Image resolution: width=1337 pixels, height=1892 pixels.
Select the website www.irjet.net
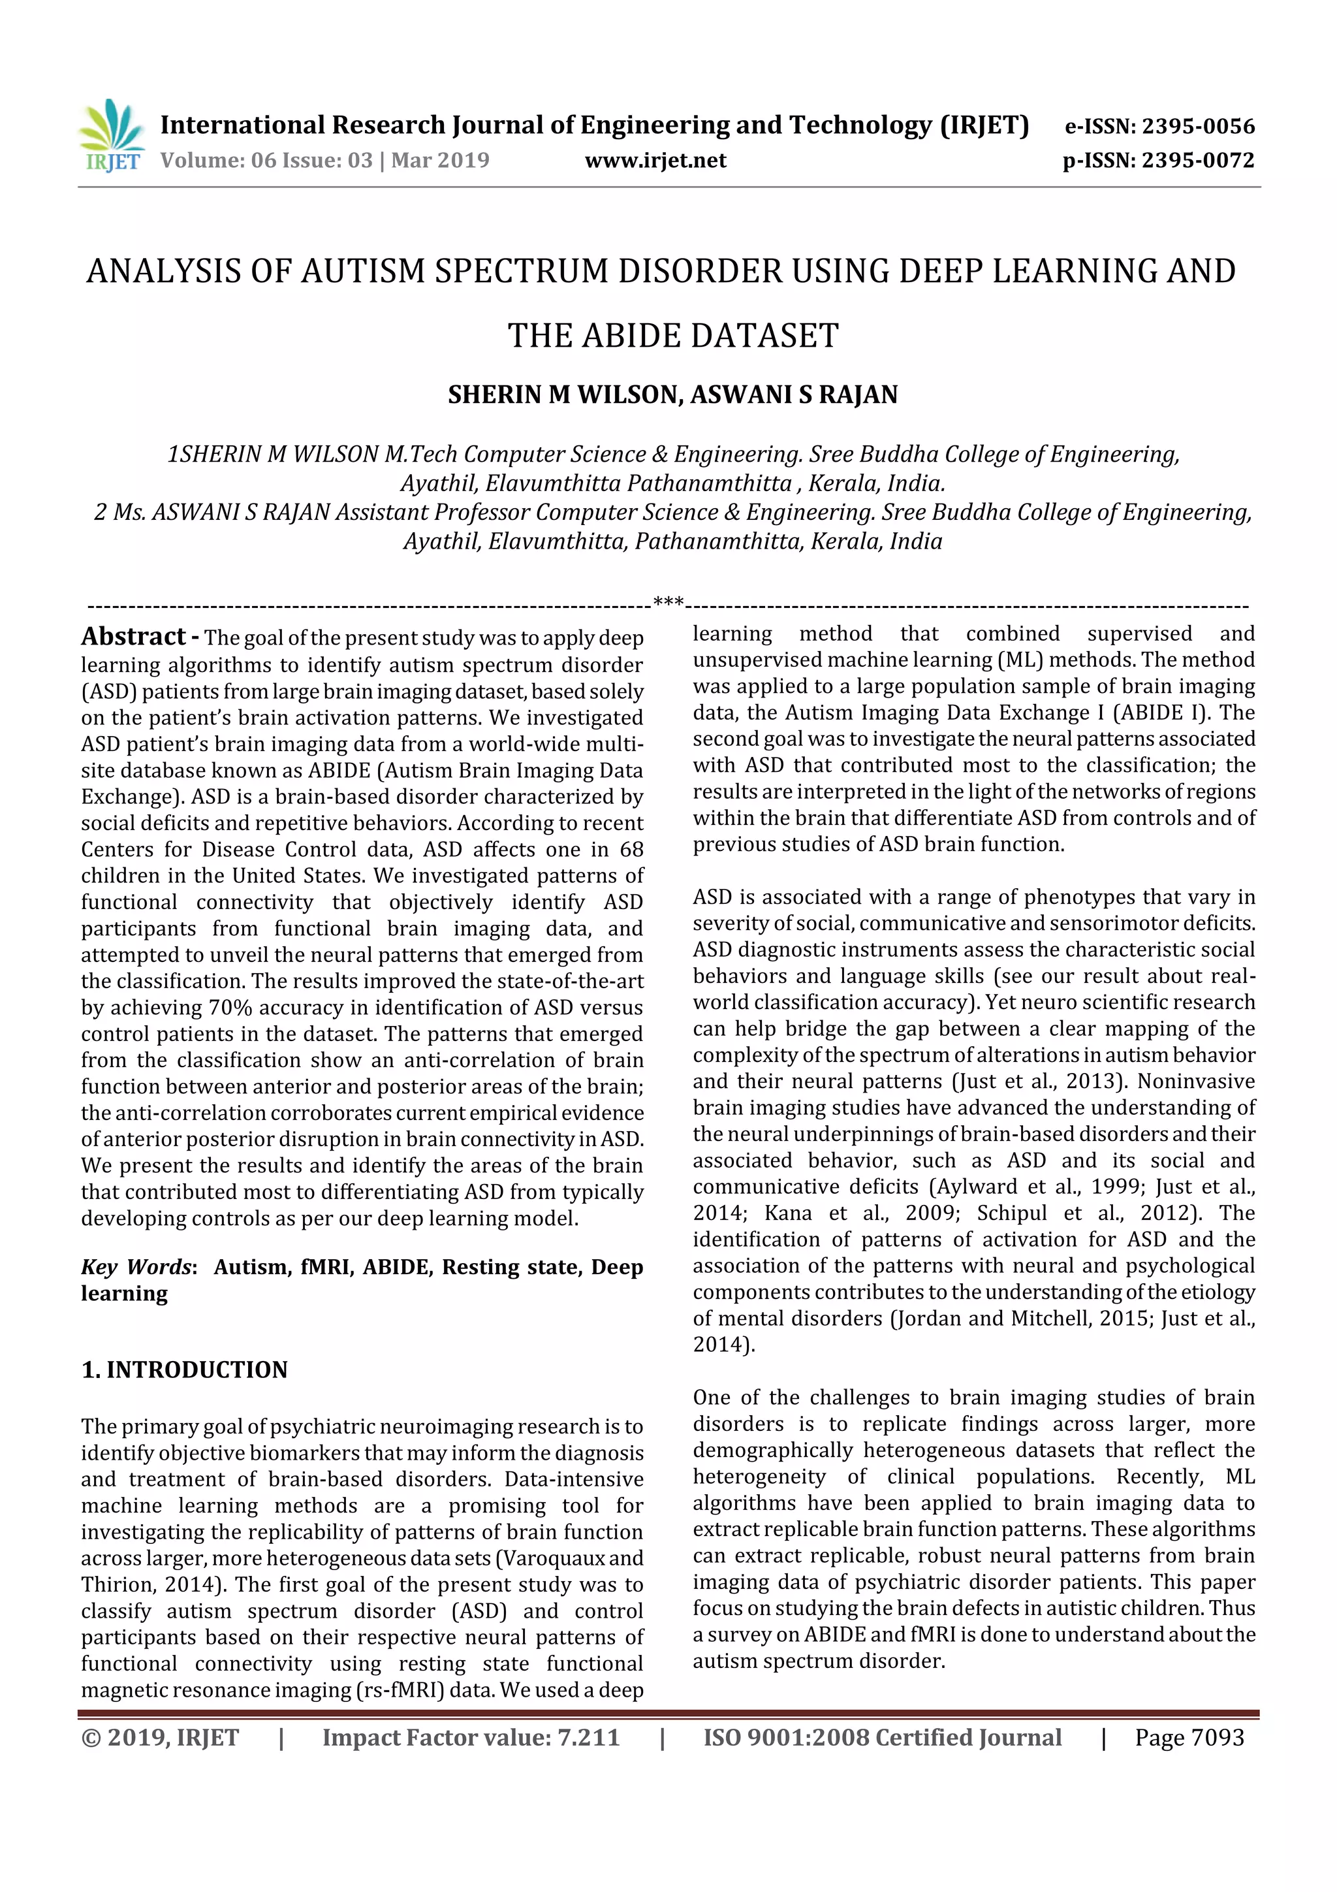[x=655, y=161]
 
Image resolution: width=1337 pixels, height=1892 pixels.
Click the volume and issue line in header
[x=324, y=161]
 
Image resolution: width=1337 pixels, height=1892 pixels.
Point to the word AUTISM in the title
[x=363, y=272]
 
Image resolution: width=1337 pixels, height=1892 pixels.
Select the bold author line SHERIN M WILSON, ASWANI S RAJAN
[x=672, y=394]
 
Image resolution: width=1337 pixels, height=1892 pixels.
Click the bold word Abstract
[x=133, y=637]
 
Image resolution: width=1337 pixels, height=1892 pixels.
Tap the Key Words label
[x=136, y=1266]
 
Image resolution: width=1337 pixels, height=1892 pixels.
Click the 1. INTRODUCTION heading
[x=185, y=1370]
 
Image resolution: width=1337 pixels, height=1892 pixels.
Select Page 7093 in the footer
[x=1189, y=1737]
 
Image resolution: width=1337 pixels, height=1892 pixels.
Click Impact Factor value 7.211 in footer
[x=471, y=1737]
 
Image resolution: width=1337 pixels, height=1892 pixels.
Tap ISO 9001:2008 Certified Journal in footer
[x=881, y=1737]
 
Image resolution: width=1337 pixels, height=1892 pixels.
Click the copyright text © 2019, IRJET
[x=161, y=1737]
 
